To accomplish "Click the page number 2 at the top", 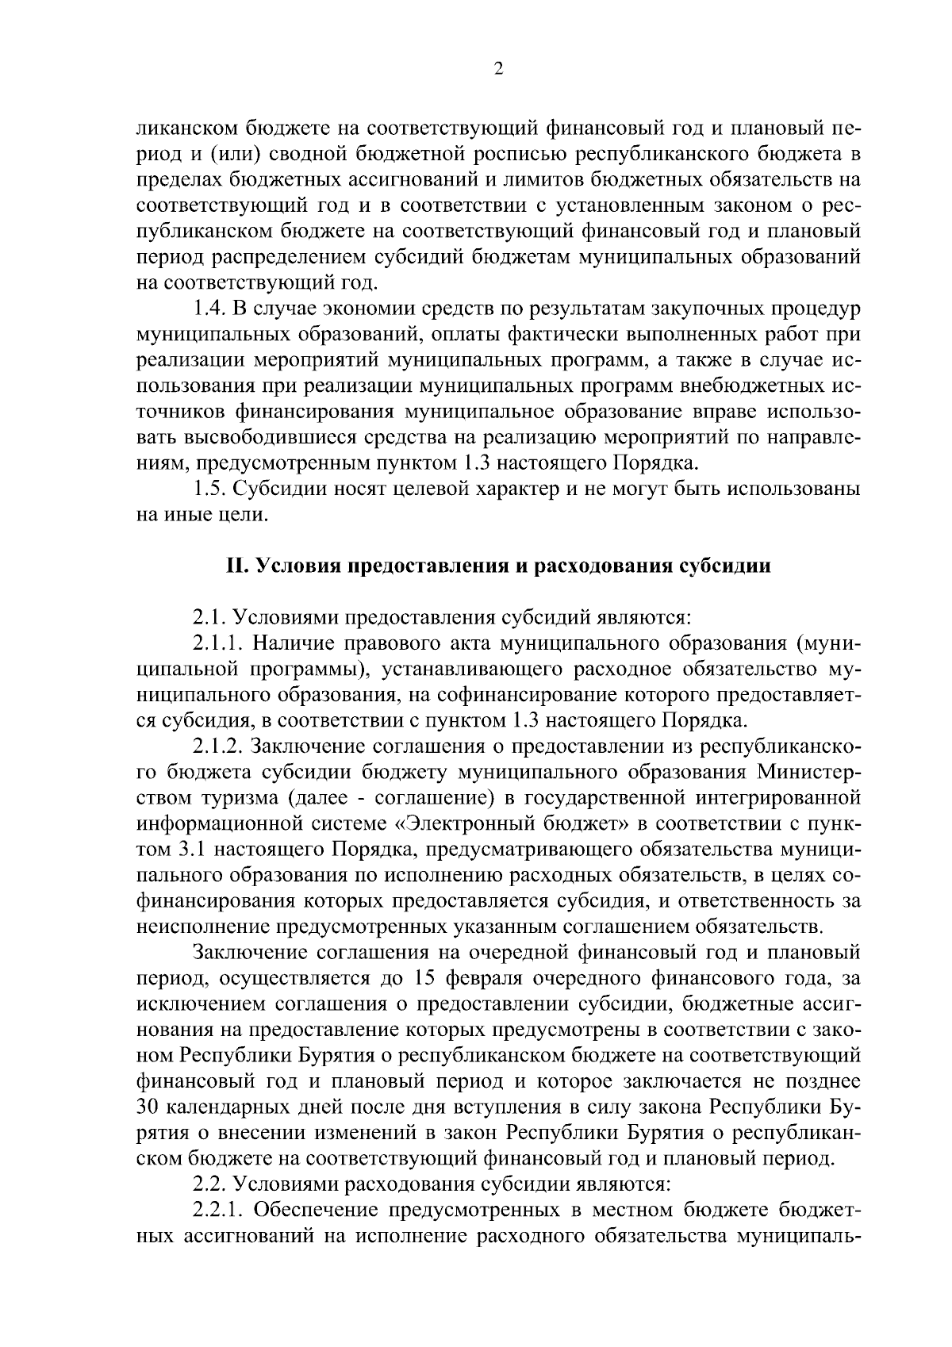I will click(x=498, y=69).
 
